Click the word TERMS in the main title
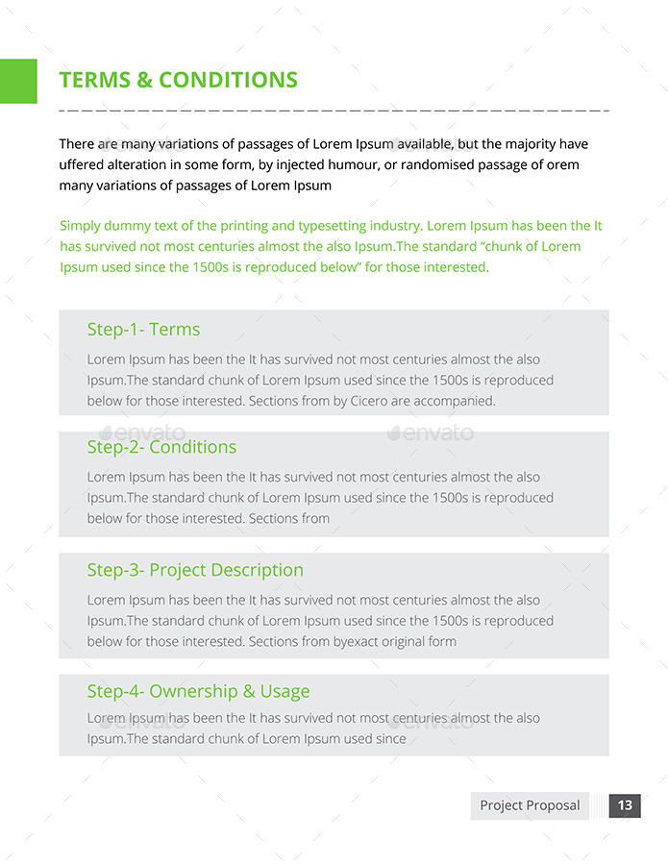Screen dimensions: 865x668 pos(94,80)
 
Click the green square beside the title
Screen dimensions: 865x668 pos(18,81)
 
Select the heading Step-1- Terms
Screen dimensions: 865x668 pos(143,330)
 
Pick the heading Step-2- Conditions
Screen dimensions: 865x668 pos(161,447)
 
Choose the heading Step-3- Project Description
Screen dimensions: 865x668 pos(195,570)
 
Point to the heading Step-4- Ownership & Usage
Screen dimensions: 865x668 pos(198,691)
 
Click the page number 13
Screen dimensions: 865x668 pos(625,805)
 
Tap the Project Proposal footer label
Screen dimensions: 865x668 pos(530,805)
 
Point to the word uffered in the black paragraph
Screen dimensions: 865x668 pos(84,164)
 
